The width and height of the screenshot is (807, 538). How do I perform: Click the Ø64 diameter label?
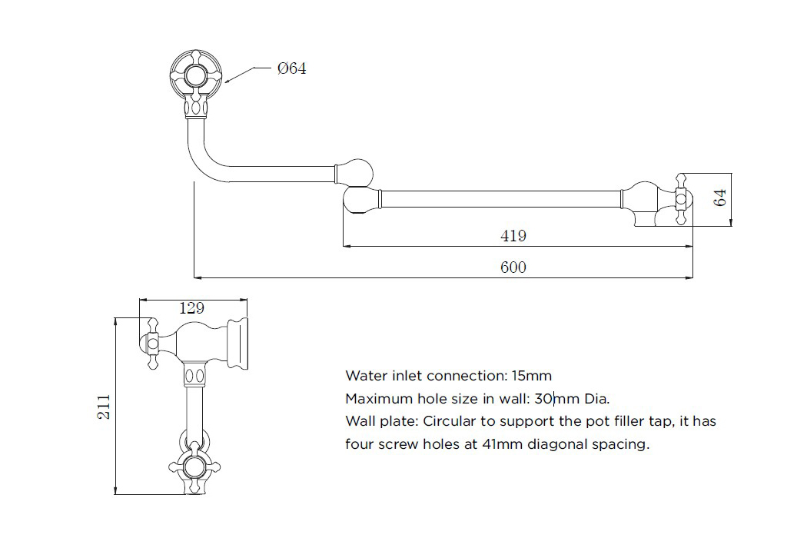[291, 68]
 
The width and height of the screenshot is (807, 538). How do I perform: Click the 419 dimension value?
[513, 236]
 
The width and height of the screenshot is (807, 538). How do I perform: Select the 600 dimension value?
[513, 267]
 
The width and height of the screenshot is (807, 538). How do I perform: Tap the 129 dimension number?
[191, 308]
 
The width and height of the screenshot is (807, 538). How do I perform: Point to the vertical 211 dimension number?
[104, 407]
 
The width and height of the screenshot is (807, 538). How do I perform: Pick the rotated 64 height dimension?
[720, 198]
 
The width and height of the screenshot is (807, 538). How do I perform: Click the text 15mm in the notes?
[532, 376]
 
